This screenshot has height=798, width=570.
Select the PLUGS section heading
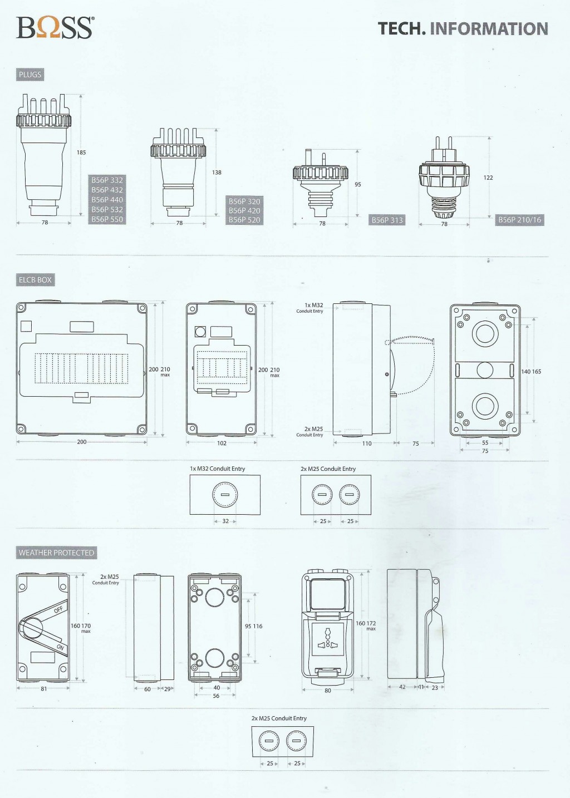pyautogui.click(x=30, y=75)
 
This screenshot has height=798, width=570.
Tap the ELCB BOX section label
pyautogui.click(x=35, y=280)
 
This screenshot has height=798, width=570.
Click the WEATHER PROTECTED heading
pyautogui.click(x=56, y=553)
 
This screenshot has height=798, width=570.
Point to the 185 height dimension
pyautogui.click(x=81, y=152)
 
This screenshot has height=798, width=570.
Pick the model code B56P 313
pyautogui.click(x=387, y=220)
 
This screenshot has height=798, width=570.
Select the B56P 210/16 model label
pyautogui.click(x=519, y=220)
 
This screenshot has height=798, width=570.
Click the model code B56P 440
pyautogui.click(x=107, y=199)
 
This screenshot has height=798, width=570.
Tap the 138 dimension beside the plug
pyautogui.click(x=217, y=173)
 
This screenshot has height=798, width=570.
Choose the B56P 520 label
pyautogui.click(x=244, y=220)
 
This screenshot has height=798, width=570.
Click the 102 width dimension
pyautogui.click(x=222, y=443)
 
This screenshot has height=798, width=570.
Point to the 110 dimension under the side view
pyautogui.click(x=367, y=444)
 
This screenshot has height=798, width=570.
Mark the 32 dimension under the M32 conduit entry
pyautogui.click(x=225, y=521)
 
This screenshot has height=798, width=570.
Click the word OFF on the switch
pyautogui.click(x=58, y=609)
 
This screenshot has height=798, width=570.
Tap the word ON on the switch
pyautogui.click(x=60, y=647)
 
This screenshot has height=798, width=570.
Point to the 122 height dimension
pyautogui.click(x=488, y=178)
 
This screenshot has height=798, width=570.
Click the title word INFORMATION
pyautogui.click(x=489, y=29)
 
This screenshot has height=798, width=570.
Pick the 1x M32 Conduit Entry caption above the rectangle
pyautogui.click(x=217, y=469)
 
